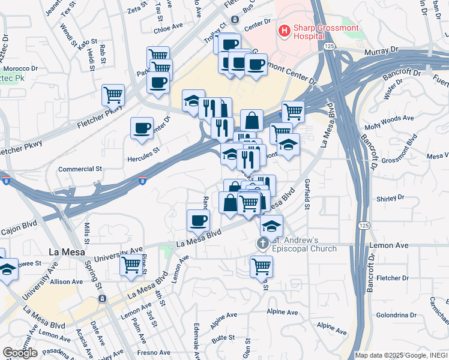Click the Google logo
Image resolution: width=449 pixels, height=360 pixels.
click(20, 353)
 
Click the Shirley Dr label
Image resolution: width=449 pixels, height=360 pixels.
click(391, 199)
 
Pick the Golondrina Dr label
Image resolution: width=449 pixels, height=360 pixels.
click(396, 315)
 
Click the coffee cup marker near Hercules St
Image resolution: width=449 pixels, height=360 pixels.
click(142, 128)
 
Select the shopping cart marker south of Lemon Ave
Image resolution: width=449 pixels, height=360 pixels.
click(261, 266)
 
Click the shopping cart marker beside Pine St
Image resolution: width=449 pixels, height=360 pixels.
click(131, 265)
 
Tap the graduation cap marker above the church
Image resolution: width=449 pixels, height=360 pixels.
click(271, 227)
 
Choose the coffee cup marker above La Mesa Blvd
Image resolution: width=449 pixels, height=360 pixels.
click(198, 221)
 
